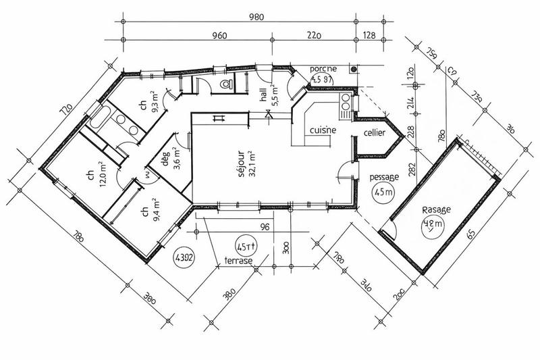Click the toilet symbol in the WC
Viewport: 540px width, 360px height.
point(227,83)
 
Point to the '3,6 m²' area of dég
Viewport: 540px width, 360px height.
point(177,159)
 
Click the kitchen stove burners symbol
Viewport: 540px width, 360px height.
point(346,103)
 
